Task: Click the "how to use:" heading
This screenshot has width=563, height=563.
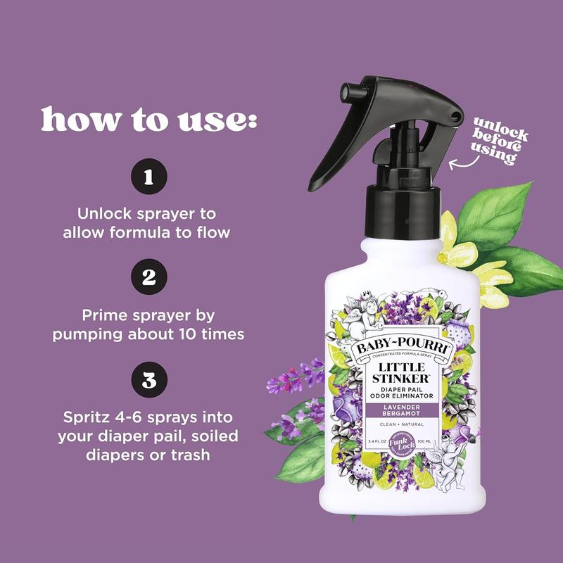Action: click(148, 120)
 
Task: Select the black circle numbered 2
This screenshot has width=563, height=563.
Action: click(148, 277)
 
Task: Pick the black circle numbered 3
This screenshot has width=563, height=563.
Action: click(148, 381)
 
